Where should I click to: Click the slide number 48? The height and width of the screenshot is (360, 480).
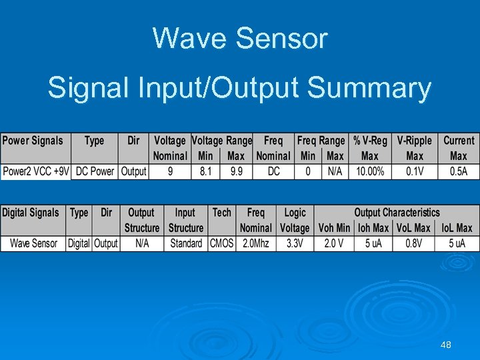pyautogui.click(x=446, y=345)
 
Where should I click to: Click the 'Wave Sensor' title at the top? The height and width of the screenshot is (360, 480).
pyautogui.click(x=240, y=38)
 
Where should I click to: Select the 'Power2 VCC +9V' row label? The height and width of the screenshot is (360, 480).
pyautogui.click(x=36, y=171)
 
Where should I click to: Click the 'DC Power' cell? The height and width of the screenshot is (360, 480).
pyautogui.click(x=95, y=171)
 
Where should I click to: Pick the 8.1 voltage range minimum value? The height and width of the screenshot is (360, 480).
pyautogui.click(x=205, y=171)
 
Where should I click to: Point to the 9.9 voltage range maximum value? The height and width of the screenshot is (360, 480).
pyautogui.click(x=236, y=171)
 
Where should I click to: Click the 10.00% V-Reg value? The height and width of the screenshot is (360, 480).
pyautogui.click(x=370, y=171)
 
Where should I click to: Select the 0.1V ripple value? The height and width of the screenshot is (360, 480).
pyautogui.click(x=415, y=171)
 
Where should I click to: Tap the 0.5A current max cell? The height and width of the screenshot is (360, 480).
pyautogui.click(x=459, y=171)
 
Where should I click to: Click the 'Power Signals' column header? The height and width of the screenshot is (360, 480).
pyautogui.click(x=33, y=141)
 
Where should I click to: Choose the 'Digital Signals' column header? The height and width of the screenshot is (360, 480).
pyautogui.click(x=31, y=213)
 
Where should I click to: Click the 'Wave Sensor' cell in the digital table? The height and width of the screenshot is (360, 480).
pyautogui.click(x=33, y=243)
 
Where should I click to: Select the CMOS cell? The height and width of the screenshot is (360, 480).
pyautogui.click(x=222, y=243)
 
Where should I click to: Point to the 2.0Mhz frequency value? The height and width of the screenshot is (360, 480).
pyautogui.click(x=255, y=243)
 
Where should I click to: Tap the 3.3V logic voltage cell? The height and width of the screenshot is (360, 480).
pyautogui.click(x=295, y=243)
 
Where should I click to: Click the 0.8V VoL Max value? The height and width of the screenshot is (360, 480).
pyautogui.click(x=413, y=243)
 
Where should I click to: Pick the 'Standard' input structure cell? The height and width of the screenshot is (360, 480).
pyautogui.click(x=186, y=243)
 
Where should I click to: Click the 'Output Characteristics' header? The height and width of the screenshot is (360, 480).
pyautogui.click(x=397, y=213)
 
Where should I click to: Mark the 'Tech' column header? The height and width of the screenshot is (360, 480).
pyautogui.click(x=222, y=213)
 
